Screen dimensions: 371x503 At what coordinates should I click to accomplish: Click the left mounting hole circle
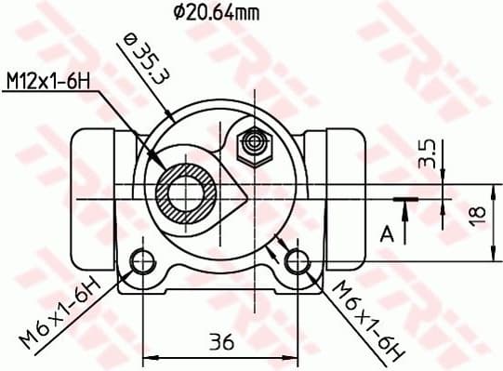pos(142,262)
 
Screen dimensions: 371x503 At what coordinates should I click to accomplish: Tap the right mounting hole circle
pos(298,262)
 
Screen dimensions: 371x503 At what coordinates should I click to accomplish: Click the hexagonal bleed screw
pos(252,142)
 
